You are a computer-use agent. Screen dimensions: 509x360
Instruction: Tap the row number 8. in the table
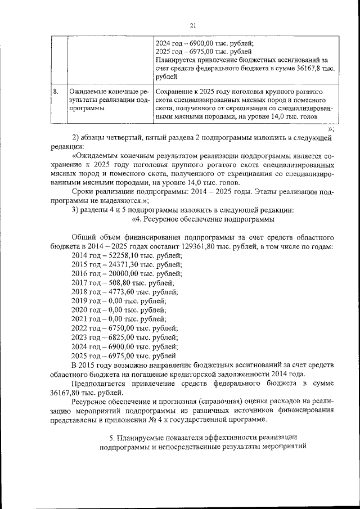[x=56, y=91]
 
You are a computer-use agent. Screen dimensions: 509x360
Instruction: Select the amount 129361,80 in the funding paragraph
[x=201, y=247]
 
